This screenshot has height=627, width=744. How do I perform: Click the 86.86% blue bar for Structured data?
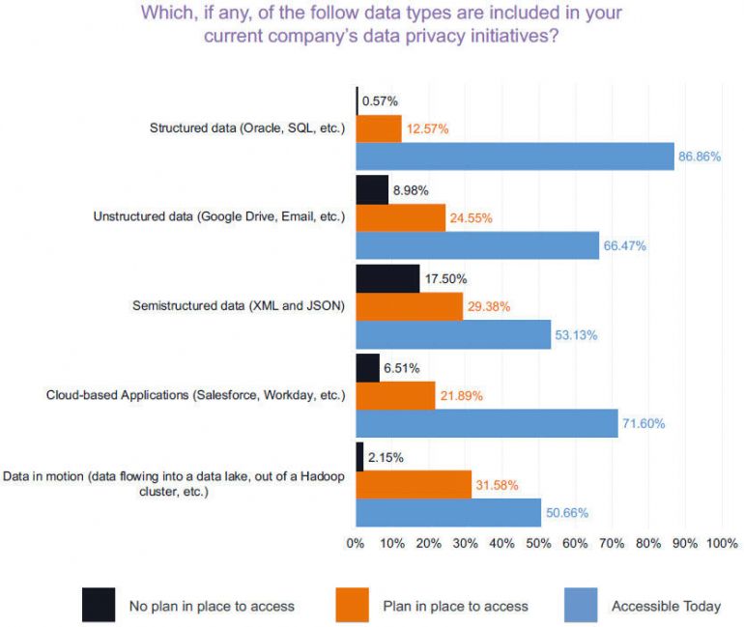point(515,156)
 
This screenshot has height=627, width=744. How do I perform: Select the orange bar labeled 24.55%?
point(401,217)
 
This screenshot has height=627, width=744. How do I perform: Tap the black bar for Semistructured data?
point(387,278)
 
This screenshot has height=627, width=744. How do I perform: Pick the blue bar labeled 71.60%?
point(487,423)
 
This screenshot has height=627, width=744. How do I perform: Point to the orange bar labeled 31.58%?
point(414,483)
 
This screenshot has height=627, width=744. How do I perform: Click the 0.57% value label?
point(379,100)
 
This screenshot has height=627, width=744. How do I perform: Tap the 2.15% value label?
point(386,455)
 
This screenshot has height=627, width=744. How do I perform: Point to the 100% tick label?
point(722,543)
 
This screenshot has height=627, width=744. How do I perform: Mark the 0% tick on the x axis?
point(356,543)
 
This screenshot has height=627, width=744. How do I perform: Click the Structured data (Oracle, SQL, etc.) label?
point(247,128)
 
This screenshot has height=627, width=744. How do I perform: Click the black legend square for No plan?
point(99,604)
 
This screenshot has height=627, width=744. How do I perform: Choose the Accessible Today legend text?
point(666,606)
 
